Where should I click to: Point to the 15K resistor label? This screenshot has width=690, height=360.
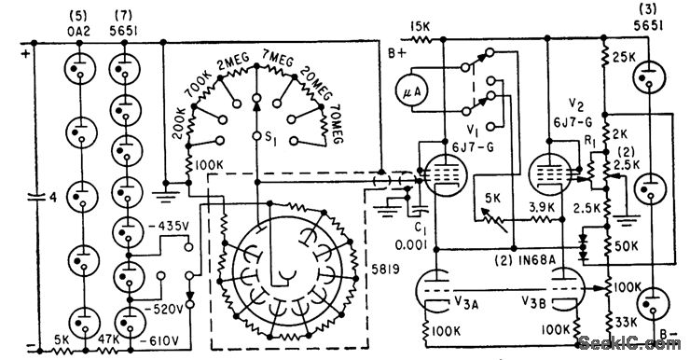(x=421, y=26)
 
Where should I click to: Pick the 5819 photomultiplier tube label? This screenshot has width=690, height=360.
(x=385, y=269)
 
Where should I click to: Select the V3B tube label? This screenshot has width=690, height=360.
(x=534, y=302)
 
